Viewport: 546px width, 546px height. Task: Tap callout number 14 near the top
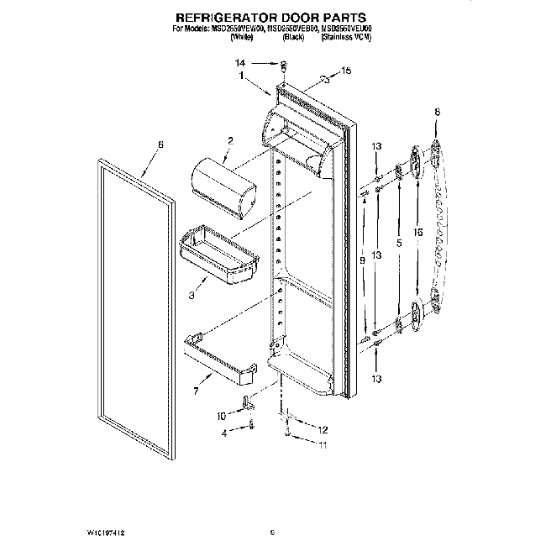(x=240, y=63)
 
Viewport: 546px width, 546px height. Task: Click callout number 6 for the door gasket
(x=160, y=144)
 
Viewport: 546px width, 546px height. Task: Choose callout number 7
(x=197, y=391)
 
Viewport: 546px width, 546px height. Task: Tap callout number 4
(x=224, y=433)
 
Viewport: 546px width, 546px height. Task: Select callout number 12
(x=322, y=429)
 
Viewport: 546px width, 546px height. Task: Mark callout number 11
(x=322, y=445)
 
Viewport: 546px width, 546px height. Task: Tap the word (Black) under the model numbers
(x=293, y=38)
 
